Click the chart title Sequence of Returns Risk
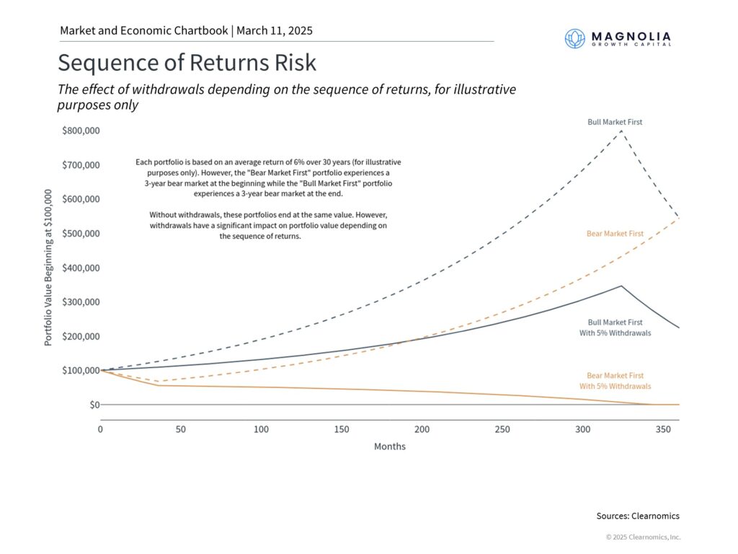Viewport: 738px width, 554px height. click(x=187, y=63)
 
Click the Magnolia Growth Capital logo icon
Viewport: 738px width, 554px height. click(x=574, y=38)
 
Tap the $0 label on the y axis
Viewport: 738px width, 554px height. click(x=94, y=405)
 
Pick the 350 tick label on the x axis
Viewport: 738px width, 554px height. click(x=662, y=429)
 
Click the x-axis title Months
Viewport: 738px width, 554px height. click(x=389, y=447)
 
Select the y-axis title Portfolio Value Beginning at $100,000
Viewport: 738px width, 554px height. click(x=48, y=268)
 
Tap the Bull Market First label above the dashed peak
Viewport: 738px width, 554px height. click(x=614, y=122)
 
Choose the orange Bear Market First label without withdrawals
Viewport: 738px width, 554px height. click(x=614, y=234)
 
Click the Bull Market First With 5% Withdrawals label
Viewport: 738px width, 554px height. click(x=619, y=327)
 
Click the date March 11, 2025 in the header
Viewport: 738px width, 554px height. click(x=274, y=31)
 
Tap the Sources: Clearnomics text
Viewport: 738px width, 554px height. click(x=637, y=516)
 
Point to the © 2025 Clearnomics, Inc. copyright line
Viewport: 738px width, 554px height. click(x=643, y=537)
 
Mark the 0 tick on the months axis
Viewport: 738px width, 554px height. click(x=101, y=429)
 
